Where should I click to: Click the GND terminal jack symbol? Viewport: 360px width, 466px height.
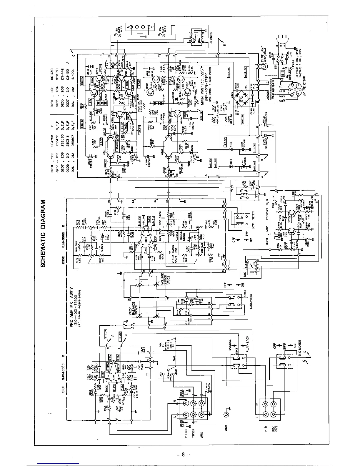tap(226, 415)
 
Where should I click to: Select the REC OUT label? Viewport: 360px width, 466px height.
tap(277, 431)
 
